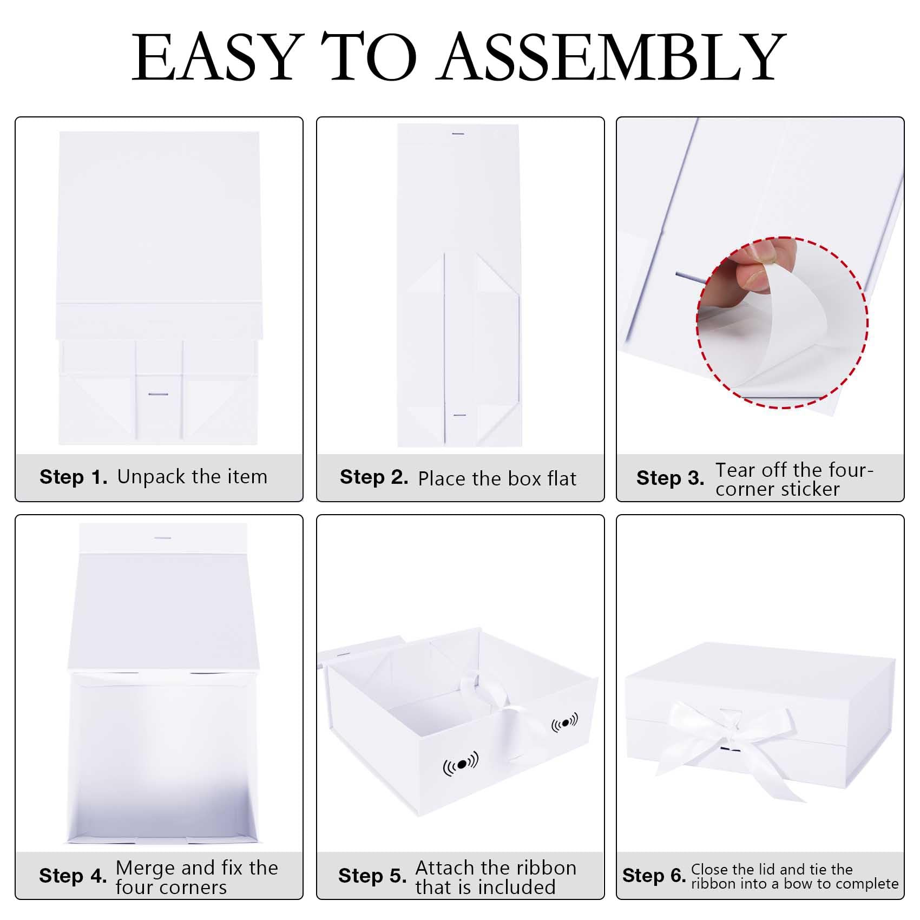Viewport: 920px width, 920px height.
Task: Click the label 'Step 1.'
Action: [x=74, y=477]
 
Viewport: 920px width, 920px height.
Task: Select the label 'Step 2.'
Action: [x=374, y=477]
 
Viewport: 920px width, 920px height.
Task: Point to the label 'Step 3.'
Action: [x=671, y=478]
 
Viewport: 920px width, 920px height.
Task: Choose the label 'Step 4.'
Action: [x=73, y=876]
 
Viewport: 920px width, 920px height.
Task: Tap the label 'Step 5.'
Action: [x=372, y=876]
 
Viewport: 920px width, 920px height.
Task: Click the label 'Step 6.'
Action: [x=654, y=875]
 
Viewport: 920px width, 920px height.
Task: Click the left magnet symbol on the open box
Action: [x=461, y=764]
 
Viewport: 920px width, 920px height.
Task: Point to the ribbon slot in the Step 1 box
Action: [x=158, y=394]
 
